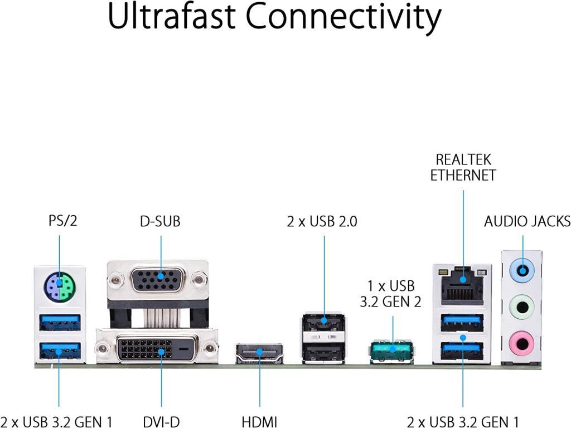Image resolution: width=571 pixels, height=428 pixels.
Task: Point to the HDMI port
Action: click(260, 353)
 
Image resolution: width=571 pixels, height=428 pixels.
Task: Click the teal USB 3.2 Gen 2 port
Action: click(393, 350)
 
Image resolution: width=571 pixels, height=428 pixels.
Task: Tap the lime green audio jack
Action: click(522, 305)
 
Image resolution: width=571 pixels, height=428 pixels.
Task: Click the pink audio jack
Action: click(522, 340)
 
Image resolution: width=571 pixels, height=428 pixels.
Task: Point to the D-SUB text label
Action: click(160, 221)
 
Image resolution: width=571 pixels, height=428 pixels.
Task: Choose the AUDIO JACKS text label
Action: click(527, 221)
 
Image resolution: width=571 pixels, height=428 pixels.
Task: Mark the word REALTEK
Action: click(463, 159)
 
